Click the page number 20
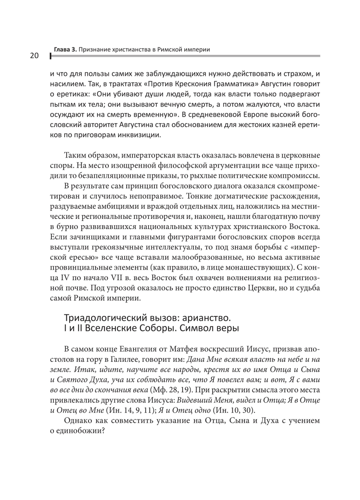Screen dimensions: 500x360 [x=32, y=55]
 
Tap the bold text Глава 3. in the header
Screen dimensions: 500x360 [x=65, y=49]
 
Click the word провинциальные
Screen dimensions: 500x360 [x=81, y=267]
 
